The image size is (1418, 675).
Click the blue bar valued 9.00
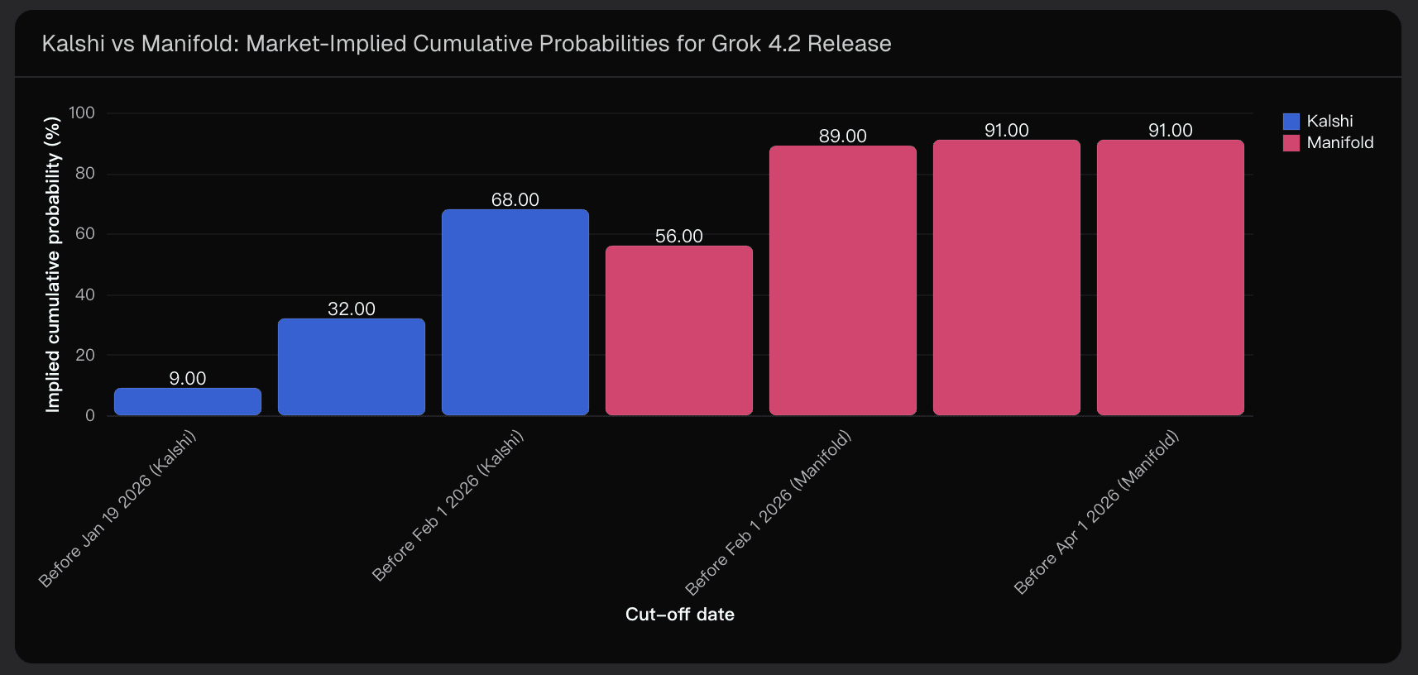click(x=188, y=402)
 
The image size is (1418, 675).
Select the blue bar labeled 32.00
click(x=352, y=366)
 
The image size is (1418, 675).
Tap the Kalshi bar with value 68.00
click(x=515, y=312)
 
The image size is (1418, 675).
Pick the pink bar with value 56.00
click(x=679, y=330)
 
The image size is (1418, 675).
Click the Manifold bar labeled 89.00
click(x=843, y=280)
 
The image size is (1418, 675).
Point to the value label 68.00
click(x=515, y=199)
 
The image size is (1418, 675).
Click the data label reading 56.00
click(x=679, y=236)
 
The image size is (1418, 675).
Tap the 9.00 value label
click(x=188, y=378)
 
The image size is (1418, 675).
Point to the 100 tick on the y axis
click(x=82, y=112)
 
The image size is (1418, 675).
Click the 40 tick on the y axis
click(x=85, y=294)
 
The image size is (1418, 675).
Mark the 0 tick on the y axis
click(x=90, y=415)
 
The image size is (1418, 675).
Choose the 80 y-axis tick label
click(x=85, y=173)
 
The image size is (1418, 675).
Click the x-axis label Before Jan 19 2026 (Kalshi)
click(x=117, y=508)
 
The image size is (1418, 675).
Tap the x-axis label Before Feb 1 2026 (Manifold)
click(x=769, y=512)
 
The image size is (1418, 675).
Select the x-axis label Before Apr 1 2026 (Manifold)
click(x=1096, y=512)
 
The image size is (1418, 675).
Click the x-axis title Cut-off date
click(x=679, y=614)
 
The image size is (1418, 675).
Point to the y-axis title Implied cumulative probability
click(x=53, y=264)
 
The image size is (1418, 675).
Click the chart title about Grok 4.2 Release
click(x=467, y=43)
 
